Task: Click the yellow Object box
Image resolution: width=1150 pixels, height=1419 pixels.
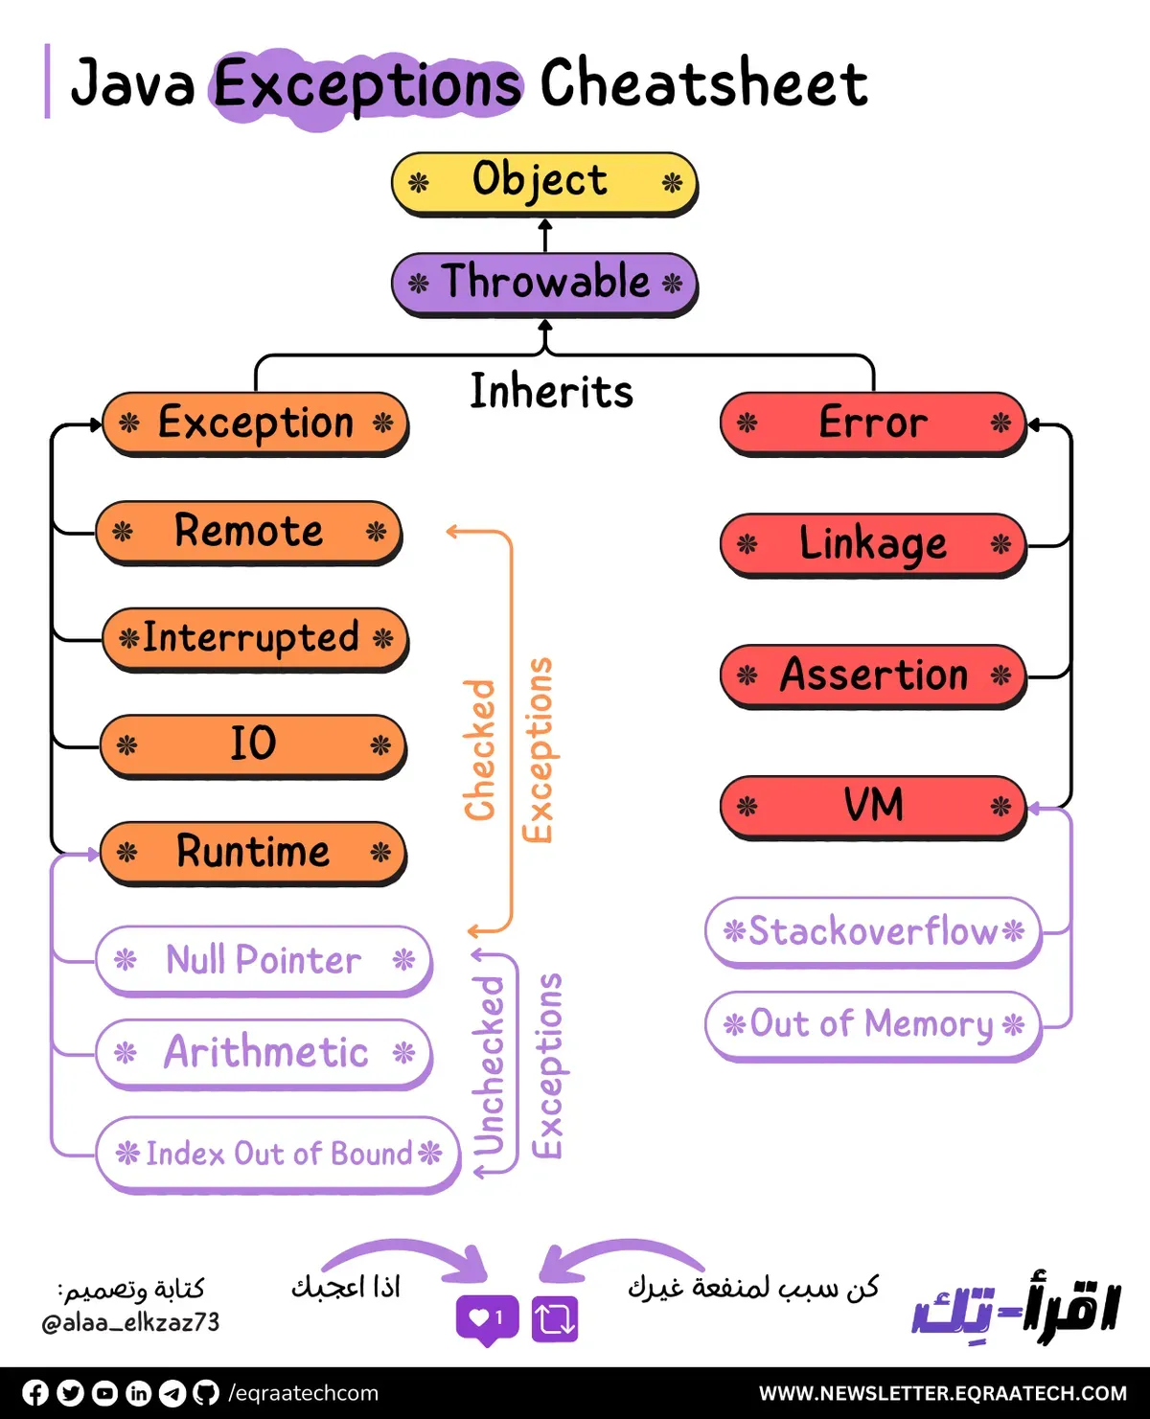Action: coord(543,181)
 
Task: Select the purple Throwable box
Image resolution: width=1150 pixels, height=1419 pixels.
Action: coord(543,283)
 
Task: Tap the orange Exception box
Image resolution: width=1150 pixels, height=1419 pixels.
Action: coord(255,423)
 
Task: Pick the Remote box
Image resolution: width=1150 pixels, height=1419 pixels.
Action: coord(248,531)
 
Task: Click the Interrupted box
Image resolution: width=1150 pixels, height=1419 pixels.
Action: coord(255,638)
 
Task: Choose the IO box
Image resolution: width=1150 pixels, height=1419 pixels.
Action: coord(253,744)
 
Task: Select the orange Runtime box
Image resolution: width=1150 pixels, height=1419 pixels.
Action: coord(253,851)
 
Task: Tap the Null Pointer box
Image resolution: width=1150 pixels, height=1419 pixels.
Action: coord(264,959)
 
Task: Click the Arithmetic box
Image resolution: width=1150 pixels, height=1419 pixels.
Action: coord(264,1052)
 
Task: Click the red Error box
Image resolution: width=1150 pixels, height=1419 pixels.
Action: coord(872,423)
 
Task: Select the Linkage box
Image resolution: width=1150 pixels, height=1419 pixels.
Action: coord(872,544)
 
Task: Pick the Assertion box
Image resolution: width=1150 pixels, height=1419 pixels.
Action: coord(872,675)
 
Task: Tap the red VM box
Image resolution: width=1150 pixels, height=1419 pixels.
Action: coord(872,806)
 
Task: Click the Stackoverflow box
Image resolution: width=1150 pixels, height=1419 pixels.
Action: coord(872,930)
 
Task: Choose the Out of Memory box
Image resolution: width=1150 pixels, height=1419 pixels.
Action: coord(872,1024)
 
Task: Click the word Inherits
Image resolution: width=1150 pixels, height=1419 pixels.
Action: coord(551,391)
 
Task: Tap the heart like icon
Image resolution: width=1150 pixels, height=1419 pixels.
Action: coord(487,1318)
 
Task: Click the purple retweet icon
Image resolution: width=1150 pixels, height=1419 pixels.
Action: coord(555,1318)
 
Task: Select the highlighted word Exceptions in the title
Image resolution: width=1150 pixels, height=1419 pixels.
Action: coord(367,84)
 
